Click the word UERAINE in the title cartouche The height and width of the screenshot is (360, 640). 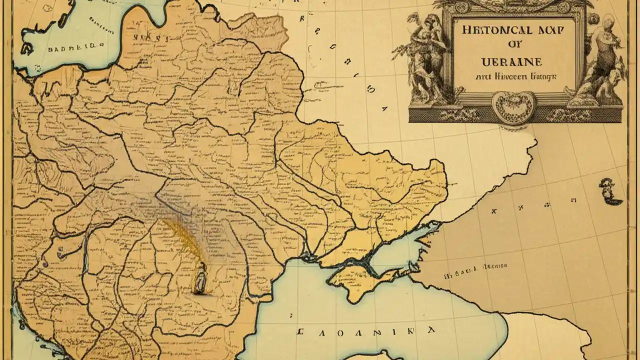pyautogui.click(x=510, y=62)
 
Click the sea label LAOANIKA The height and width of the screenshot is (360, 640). pyautogui.click(x=365, y=331)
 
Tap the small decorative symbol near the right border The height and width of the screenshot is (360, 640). pyautogui.click(x=608, y=191)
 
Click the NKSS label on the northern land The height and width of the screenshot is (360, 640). pyautogui.click(x=150, y=37)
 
